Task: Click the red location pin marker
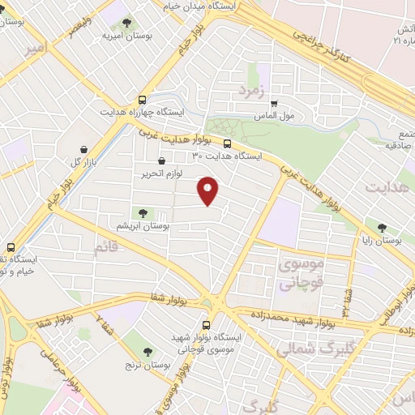click(208, 190)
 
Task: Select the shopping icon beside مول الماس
click(275, 104)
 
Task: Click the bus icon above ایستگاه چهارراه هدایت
click(143, 97)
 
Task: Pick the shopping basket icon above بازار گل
click(84, 148)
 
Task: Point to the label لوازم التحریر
click(160, 172)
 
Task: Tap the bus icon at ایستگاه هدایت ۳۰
click(227, 144)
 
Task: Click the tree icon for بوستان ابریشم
click(143, 213)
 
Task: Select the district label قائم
click(105, 249)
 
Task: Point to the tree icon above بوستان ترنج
click(148, 351)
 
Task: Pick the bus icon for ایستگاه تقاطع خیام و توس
click(11, 247)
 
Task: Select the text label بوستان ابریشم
click(143, 227)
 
